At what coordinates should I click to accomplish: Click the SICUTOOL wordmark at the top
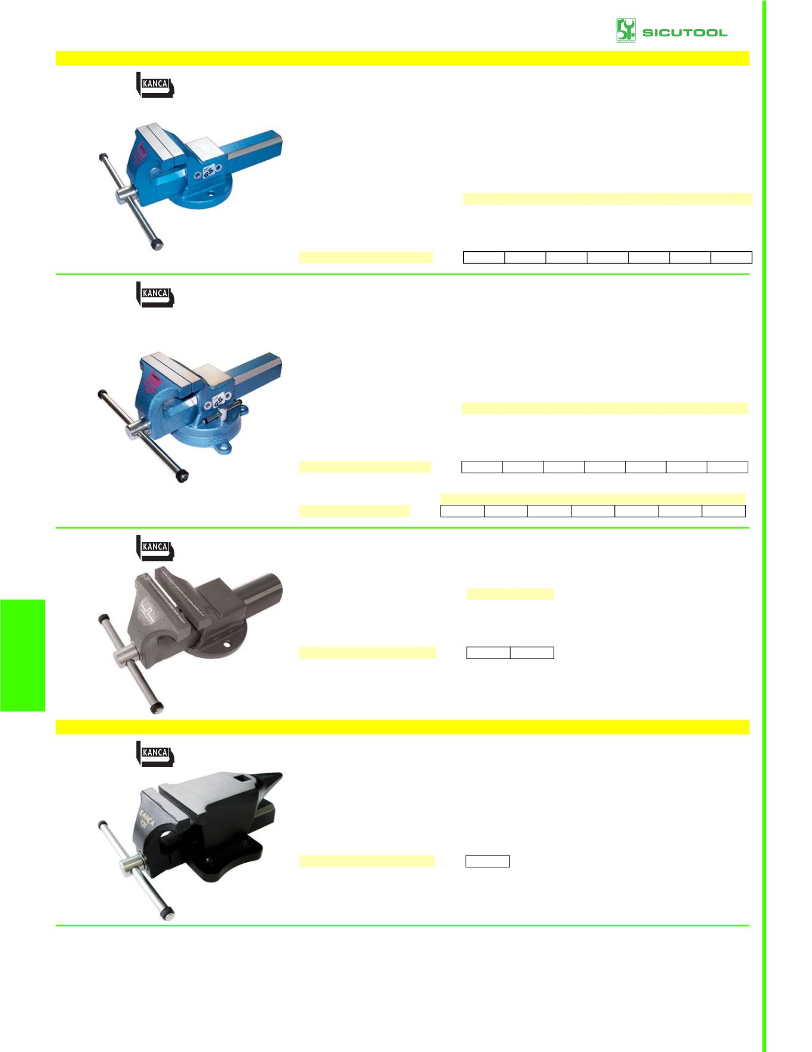point(685,32)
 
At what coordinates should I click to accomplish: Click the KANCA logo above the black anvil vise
point(155,753)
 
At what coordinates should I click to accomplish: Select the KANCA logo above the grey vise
point(155,548)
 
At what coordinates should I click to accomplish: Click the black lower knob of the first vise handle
point(157,244)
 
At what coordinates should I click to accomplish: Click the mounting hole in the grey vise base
point(227,644)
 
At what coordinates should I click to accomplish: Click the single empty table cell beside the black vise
point(487,861)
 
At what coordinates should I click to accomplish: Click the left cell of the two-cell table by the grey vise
point(488,653)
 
